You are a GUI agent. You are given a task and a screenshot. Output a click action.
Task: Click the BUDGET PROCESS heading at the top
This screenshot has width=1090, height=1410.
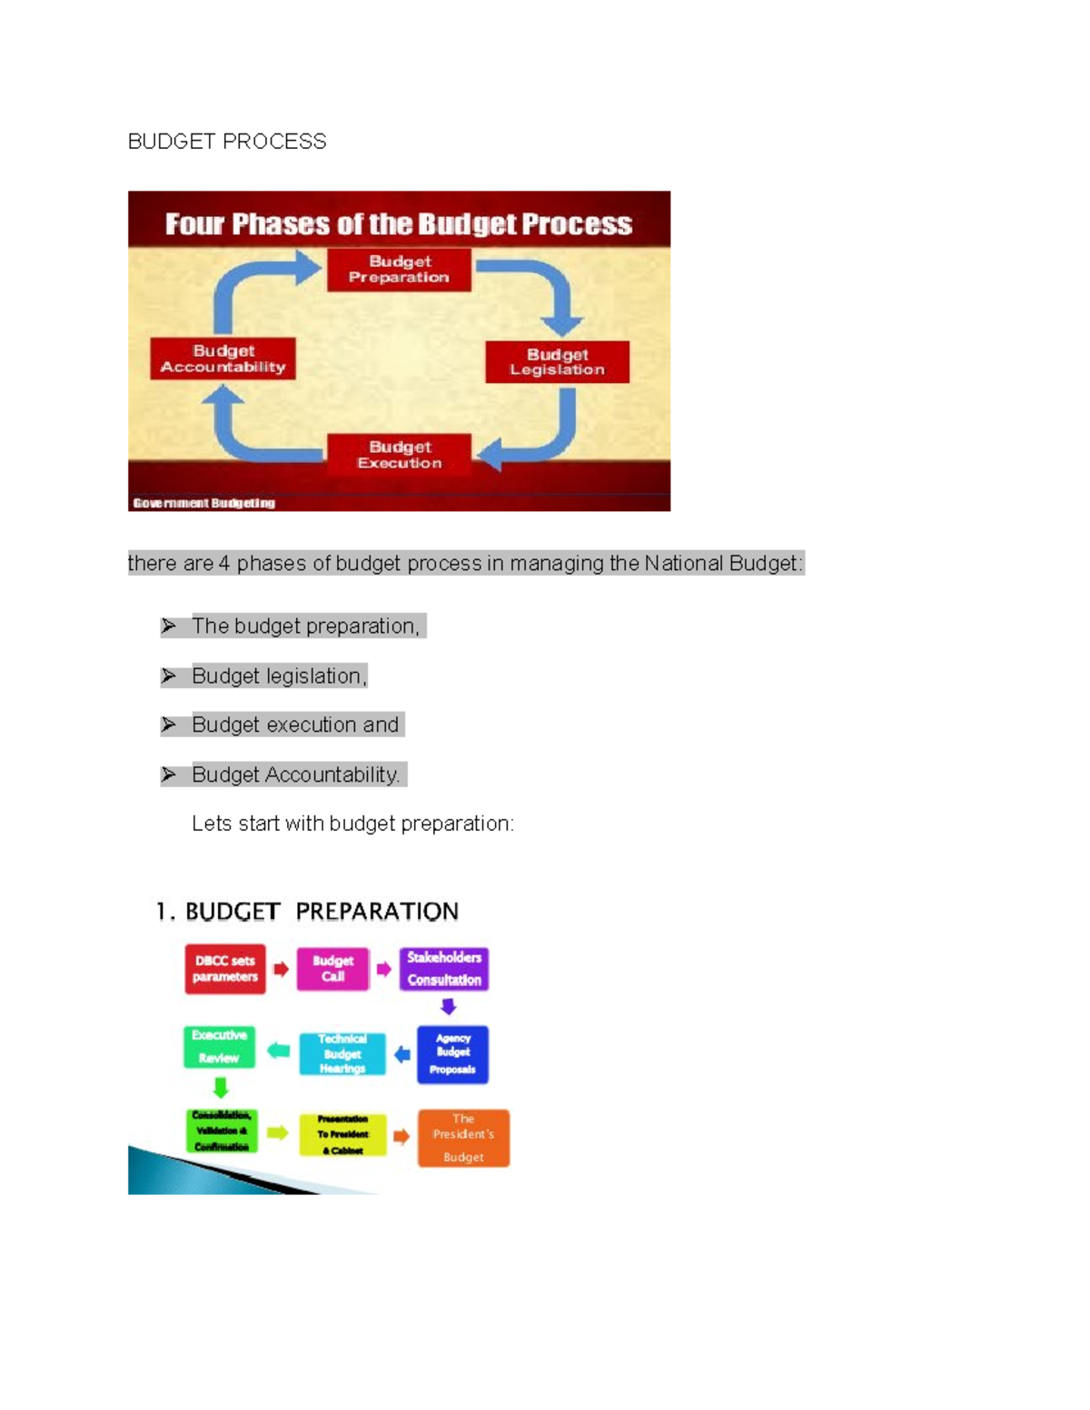227,142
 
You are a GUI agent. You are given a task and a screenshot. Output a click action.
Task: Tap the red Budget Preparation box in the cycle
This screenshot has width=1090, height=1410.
399,270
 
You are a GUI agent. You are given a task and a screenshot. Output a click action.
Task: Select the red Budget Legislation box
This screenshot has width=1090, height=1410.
557,362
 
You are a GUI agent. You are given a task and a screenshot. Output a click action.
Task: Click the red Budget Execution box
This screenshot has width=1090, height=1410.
399,454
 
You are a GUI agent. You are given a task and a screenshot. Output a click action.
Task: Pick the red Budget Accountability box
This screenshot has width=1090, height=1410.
223,359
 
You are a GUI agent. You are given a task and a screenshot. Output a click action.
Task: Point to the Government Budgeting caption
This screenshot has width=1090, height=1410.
203,503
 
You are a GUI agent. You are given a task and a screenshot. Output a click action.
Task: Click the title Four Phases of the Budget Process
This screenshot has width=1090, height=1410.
398,224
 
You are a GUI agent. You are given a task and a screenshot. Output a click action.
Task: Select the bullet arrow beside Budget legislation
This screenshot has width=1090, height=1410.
169,676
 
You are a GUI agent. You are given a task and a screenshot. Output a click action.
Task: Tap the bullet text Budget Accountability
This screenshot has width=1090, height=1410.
295,774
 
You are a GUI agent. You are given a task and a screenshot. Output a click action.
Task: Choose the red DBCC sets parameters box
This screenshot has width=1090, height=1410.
225,969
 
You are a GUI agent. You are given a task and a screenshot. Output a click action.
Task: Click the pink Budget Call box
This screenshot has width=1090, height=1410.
333,969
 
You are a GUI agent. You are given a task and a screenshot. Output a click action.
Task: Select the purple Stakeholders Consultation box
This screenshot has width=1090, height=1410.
444,969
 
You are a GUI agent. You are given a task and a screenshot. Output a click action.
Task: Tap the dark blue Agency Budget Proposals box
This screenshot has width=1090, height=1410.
452,1054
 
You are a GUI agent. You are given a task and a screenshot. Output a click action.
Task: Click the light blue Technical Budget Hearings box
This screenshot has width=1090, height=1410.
342,1054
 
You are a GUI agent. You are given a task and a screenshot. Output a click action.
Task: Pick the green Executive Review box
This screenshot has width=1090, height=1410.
219,1047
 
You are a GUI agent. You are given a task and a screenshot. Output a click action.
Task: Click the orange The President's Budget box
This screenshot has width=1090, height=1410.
463,1138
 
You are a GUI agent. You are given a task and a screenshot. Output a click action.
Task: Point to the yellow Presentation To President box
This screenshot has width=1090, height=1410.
342,1135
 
